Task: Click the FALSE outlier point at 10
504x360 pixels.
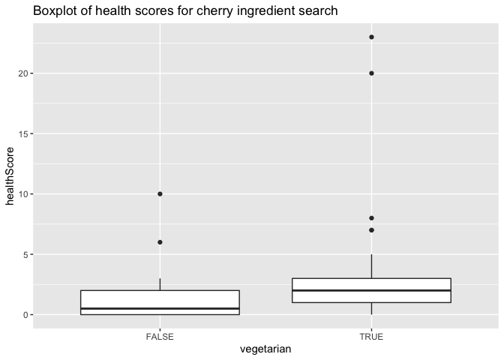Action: pos(160,193)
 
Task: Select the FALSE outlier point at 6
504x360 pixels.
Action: pos(160,242)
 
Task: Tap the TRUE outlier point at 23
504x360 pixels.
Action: pos(371,37)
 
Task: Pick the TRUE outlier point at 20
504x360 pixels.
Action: pos(371,73)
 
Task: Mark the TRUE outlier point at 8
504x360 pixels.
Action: pos(371,218)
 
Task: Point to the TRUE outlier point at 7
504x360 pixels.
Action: pos(371,230)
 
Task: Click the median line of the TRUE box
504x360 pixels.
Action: pos(371,290)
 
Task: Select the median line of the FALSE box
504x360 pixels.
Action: pos(160,308)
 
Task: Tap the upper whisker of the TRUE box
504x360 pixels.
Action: pos(371,266)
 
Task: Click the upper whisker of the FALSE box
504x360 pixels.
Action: pos(160,284)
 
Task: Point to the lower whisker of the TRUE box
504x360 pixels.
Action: pos(371,308)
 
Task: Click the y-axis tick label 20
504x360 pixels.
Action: pos(23,73)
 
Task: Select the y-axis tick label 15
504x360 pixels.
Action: pos(23,133)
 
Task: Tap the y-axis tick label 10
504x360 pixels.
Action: pos(23,193)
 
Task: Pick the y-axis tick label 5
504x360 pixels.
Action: pos(25,254)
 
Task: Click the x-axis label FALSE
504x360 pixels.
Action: pos(160,337)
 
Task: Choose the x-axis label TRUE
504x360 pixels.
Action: pos(371,337)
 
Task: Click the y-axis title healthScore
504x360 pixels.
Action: pos(10,176)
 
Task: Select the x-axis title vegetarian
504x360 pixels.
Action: pos(265,349)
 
